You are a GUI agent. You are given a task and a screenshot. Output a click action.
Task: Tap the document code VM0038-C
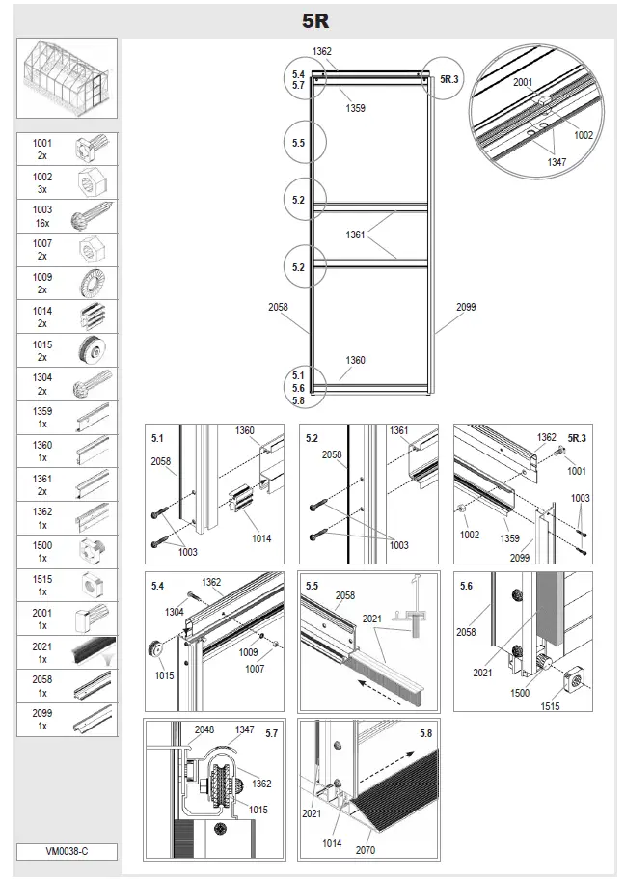pyautogui.click(x=67, y=852)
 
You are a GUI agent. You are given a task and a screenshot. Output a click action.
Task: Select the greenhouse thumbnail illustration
pyautogui.click(x=68, y=78)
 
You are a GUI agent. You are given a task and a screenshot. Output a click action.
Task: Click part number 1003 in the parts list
pyautogui.click(x=42, y=209)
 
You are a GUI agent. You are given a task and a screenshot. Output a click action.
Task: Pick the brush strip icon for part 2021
pyautogui.click(x=95, y=654)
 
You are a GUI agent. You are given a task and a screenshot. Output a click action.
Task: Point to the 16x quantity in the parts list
pyautogui.click(x=42, y=222)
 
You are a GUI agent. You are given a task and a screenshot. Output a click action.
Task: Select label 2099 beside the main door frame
pyautogui.click(x=466, y=307)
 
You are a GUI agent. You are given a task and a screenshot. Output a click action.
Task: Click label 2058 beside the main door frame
pyautogui.click(x=278, y=307)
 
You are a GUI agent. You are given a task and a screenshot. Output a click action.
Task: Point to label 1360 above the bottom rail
pyautogui.click(x=356, y=361)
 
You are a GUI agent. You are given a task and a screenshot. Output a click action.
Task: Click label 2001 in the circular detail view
pyautogui.click(x=523, y=83)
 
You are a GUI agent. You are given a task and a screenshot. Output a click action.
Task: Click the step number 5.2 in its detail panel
pyautogui.click(x=312, y=438)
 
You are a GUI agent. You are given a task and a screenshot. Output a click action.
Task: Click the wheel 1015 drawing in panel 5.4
pyautogui.click(x=154, y=646)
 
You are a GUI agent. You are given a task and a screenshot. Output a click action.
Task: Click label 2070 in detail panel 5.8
pyautogui.click(x=365, y=850)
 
